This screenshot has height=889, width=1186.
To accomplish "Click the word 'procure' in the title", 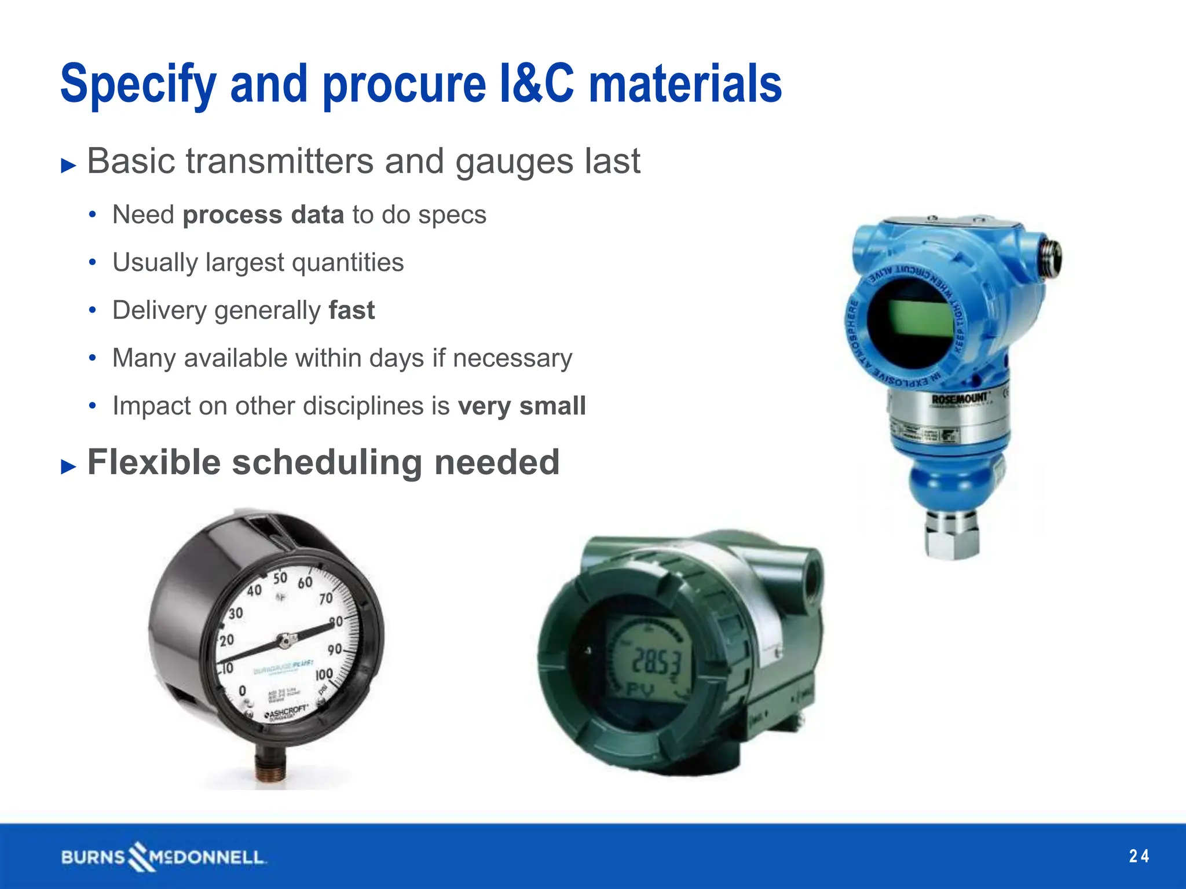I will coord(404,85).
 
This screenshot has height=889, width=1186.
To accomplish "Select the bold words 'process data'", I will coord(263,215).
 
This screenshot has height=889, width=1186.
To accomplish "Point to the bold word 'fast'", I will coord(352,310).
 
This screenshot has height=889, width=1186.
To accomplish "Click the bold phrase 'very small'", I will coord(522,406).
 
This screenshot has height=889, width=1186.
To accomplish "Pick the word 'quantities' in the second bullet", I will coord(347,263).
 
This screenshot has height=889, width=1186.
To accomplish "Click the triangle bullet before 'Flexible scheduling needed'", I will coord(68,466).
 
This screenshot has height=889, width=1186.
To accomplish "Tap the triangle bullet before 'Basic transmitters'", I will coord(68,166).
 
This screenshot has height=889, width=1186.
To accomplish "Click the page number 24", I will coord(1139,856).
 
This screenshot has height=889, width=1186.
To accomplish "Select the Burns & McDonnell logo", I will coord(163,857).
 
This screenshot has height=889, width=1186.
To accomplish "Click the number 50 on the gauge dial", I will coord(280,578).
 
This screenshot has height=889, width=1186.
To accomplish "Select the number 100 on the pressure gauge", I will coord(324,675).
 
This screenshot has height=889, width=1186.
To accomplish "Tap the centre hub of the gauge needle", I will coord(284,641).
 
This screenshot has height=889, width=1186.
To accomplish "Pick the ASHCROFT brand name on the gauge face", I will coord(287,712).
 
